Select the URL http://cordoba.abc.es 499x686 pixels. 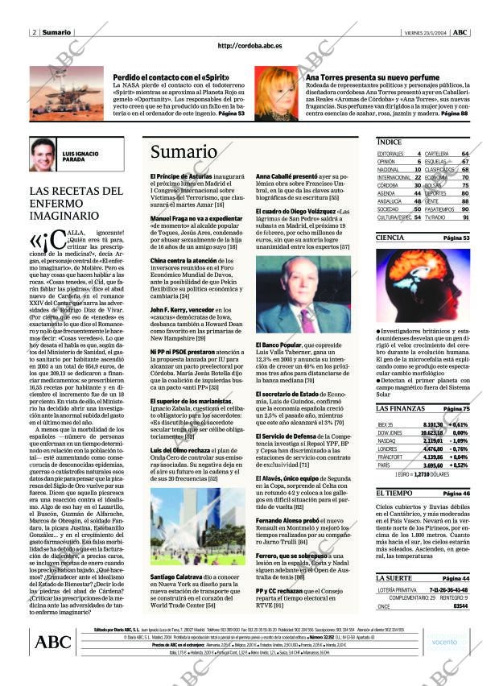[249, 47]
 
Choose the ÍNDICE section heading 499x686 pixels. [390, 142]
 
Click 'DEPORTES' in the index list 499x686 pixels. [435, 193]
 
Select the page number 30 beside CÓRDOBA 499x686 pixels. [418, 185]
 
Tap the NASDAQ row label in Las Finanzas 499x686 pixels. [386, 441]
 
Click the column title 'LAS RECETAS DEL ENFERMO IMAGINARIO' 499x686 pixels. [76, 205]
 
